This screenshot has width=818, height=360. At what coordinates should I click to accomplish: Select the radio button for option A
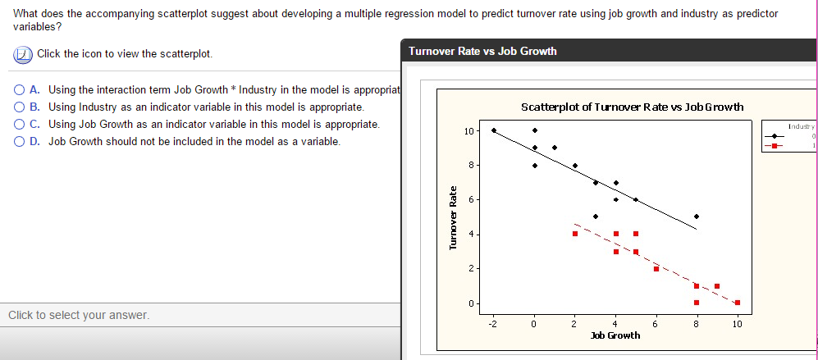click(19, 89)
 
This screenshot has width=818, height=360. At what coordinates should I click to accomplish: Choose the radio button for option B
click(19, 107)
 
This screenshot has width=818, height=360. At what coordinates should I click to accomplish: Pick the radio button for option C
click(19, 124)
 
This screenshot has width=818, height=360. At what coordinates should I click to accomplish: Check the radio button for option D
click(19, 141)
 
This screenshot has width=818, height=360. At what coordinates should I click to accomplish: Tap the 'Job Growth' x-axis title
click(615, 335)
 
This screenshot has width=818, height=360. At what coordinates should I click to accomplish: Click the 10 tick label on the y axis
click(468, 130)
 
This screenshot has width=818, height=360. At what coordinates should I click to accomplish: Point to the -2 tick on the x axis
click(492, 324)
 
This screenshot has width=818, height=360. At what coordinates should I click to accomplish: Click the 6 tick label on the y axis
click(470, 199)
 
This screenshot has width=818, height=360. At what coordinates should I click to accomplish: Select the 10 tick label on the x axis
click(737, 324)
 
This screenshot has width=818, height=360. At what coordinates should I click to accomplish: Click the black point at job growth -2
click(493, 130)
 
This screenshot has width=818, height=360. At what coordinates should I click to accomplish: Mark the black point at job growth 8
click(697, 216)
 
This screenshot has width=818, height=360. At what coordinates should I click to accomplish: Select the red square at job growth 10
click(737, 303)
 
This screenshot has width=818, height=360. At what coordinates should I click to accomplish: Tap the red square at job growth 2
click(575, 234)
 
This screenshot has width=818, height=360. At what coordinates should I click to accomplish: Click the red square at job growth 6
click(656, 268)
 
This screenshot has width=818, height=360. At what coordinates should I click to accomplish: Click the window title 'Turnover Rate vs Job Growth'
click(482, 51)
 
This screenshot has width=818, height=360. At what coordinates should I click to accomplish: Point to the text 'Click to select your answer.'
click(79, 315)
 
